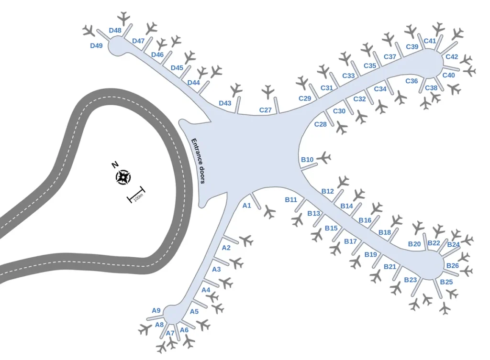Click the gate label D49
tap(96, 45)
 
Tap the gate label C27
tap(265, 110)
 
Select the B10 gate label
tap(307, 160)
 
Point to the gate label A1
tap(247, 206)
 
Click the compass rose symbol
tap(123, 177)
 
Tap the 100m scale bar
tap(136, 195)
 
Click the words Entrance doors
tap(198, 161)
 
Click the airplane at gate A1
tap(269, 212)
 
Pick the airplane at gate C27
tap(268, 92)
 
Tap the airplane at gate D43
tap(236, 90)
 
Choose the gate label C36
tap(412, 81)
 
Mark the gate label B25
tap(446, 282)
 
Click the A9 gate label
tap(156, 310)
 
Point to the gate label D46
tap(157, 55)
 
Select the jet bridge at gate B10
tap(309, 166)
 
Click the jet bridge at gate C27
tap(277, 105)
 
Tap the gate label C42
tap(452, 57)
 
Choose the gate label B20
tap(414, 244)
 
